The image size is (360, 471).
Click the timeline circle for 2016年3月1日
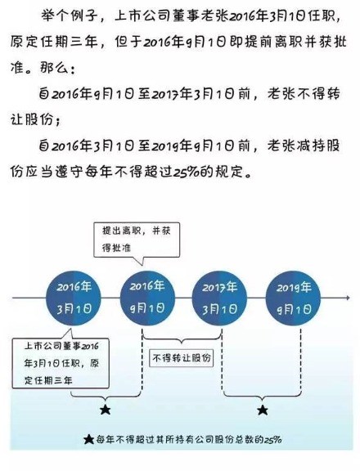point(74,298)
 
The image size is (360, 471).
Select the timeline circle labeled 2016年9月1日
point(147,298)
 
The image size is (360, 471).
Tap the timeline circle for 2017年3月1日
point(219,298)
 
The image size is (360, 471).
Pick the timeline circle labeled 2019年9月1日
point(293,298)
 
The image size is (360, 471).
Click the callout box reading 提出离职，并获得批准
point(137,240)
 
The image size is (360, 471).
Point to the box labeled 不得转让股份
point(182,358)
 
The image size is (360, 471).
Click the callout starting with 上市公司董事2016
point(61,363)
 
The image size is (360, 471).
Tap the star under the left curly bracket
point(106,409)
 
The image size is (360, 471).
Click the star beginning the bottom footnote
point(88,440)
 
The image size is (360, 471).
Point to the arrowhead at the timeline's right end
point(348,298)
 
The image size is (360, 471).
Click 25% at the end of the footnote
point(272,440)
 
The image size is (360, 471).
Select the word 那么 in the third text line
point(53,68)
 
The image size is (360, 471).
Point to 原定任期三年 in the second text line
point(54,42)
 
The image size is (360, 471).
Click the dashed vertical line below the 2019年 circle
point(301,360)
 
